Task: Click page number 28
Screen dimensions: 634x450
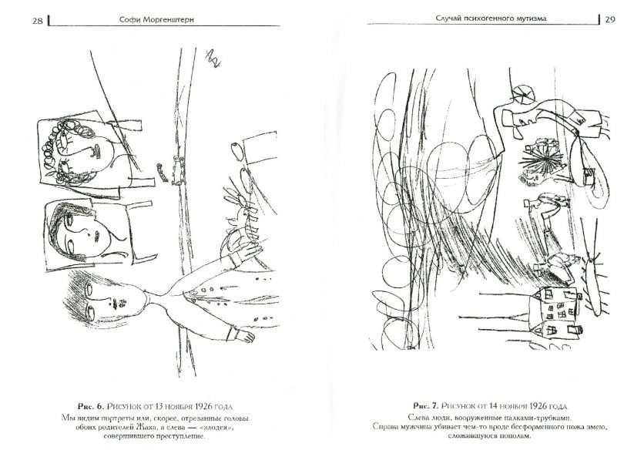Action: coord(37,21)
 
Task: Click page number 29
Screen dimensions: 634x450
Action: coord(610,19)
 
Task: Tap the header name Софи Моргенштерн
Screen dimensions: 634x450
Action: coord(157,19)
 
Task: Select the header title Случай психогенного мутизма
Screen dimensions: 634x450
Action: coord(491,18)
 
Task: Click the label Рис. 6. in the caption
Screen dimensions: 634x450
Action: coord(91,406)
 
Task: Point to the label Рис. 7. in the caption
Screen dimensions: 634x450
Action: coord(426,405)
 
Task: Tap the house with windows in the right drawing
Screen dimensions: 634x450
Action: coord(555,311)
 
